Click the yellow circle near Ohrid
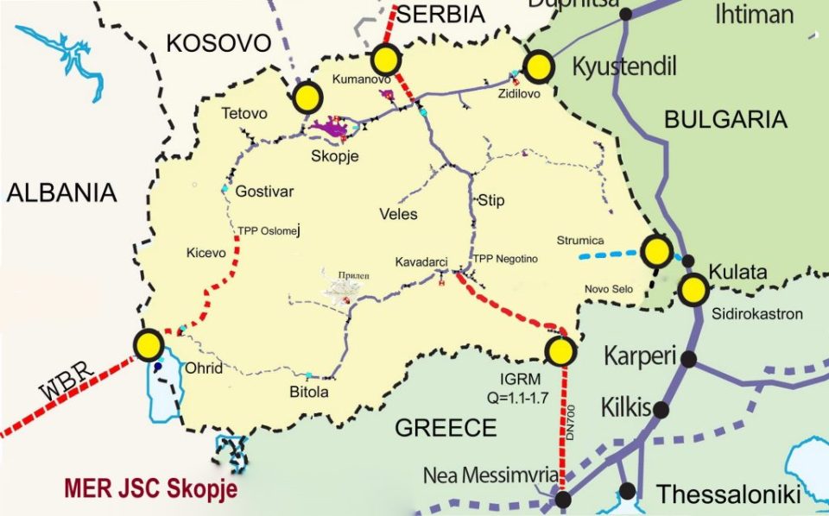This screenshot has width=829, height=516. (x=149, y=345)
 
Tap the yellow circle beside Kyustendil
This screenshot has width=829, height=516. (x=539, y=66)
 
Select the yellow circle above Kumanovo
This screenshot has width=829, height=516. (x=385, y=60)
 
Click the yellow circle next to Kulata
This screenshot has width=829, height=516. (x=693, y=290)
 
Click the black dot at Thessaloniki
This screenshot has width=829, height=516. (x=628, y=491)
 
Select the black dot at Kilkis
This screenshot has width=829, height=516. (x=661, y=410)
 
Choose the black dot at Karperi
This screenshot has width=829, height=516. (x=689, y=358)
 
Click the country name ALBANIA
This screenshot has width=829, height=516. (x=61, y=192)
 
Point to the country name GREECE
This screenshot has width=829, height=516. (x=446, y=428)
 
